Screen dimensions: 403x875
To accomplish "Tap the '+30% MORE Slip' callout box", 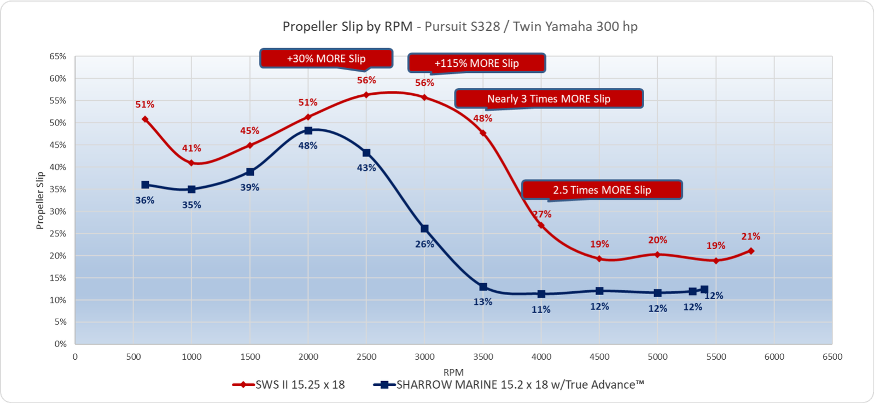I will click(x=326, y=59).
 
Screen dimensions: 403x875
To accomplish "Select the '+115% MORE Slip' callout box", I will click(x=476, y=63).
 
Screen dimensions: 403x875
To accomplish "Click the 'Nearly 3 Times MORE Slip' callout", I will click(x=549, y=99).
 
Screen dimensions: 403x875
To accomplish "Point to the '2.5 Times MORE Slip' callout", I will click(x=602, y=190).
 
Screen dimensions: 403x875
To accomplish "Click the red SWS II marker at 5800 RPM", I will click(x=751, y=251).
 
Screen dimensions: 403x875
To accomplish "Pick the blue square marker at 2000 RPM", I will click(x=308, y=131).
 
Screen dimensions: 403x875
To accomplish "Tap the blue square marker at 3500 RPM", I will click(x=483, y=287).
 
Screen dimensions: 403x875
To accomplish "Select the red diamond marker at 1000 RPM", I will click(x=191, y=163).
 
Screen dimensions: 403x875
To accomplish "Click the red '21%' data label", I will click(x=750, y=237).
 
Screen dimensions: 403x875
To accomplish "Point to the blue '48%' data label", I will click(x=307, y=146).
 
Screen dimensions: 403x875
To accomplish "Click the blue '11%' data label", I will click(x=541, y=309).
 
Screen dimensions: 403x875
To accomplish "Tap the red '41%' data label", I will click(x=191, y=148).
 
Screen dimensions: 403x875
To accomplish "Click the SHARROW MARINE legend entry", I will click(x=509, y=384).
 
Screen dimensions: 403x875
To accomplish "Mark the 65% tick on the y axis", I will click(x=57, y=56).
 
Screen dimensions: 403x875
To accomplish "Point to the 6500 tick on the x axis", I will click(x=832, y=357).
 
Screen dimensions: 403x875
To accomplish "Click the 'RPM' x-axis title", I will click(x=453, y=372).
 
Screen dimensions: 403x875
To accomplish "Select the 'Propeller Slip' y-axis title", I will click(x=40, y=200).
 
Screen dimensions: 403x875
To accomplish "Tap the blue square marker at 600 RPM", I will click(x=145, y=185).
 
